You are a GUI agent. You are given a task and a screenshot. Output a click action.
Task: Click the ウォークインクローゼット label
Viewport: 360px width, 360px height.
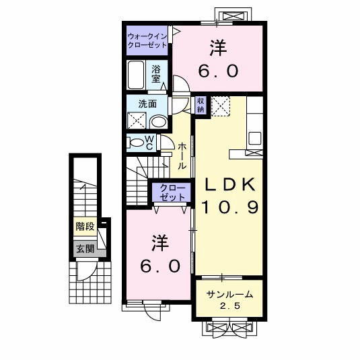coord(147,40)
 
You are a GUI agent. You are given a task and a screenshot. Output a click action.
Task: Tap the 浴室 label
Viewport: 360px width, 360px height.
coord(156,74)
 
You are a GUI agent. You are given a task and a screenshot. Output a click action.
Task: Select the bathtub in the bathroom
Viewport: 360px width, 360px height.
coord(136,75)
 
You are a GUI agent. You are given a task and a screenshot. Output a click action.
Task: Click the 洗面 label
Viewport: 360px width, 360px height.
coord(147,104)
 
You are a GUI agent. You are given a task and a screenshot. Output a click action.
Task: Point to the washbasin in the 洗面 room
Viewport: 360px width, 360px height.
coord(158,122)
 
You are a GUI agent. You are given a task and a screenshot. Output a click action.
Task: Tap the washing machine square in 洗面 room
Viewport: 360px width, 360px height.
coord(137,120)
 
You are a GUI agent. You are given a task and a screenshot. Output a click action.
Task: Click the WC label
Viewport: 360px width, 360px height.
coord(149,143)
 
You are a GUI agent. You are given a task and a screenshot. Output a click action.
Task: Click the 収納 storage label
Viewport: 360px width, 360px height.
coord(201,105)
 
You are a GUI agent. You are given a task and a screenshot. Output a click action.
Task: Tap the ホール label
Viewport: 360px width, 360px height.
coord(182,155)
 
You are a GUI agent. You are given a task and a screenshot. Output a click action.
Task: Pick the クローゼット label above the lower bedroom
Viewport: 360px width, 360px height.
coord(172,192)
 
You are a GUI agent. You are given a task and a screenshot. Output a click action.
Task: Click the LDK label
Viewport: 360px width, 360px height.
coord(230,184)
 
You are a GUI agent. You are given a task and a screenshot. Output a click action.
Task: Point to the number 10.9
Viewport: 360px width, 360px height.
coord(230,207)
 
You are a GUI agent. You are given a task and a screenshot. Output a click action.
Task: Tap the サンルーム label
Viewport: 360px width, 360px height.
coord(229,294)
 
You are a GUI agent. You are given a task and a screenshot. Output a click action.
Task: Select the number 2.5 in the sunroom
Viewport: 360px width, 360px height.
coord(230,305)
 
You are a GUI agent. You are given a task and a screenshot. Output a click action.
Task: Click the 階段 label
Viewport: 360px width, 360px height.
coord(85,227)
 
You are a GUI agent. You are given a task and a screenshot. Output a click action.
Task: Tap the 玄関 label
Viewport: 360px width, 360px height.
coord(85,248)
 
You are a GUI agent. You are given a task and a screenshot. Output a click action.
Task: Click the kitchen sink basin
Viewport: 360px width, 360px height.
coord(255,138)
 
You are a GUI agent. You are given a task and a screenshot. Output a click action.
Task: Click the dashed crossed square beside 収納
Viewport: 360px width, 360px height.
coord(221,106)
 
